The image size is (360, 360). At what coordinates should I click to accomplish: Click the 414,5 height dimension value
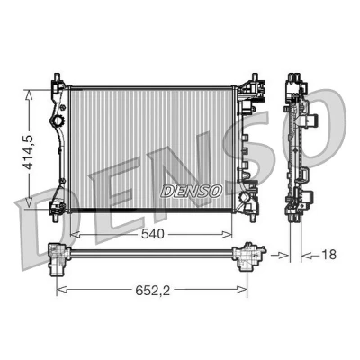tap(29, 152)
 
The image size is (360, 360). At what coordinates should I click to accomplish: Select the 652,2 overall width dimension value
tap(153, 290)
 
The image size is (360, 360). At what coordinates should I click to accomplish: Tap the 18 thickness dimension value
tap(329, 255)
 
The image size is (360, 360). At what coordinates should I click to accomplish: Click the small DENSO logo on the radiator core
tap(193, 191)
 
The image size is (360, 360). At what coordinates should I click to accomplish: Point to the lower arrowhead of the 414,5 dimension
tap(29, 202)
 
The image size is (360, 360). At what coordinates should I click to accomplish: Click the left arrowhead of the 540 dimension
tap(75, 234)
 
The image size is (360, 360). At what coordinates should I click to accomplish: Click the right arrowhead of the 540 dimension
tap(227, 234)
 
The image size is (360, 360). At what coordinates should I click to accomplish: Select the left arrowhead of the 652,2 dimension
tap(62, 290)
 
